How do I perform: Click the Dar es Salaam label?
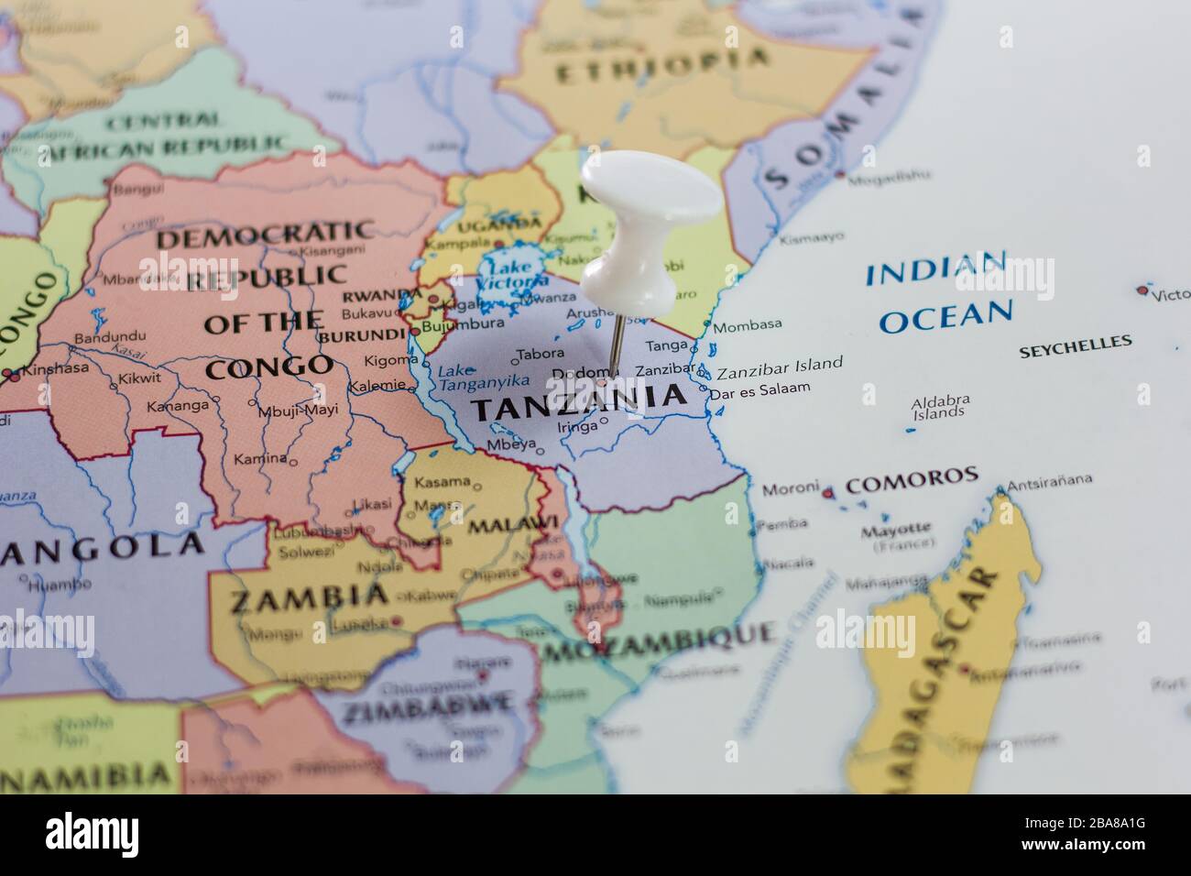point(760,389)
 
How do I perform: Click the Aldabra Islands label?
point(940,407)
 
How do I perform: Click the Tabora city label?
point(541,353)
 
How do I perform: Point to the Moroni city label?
point(790,490)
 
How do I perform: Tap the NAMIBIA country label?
point(86,775)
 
